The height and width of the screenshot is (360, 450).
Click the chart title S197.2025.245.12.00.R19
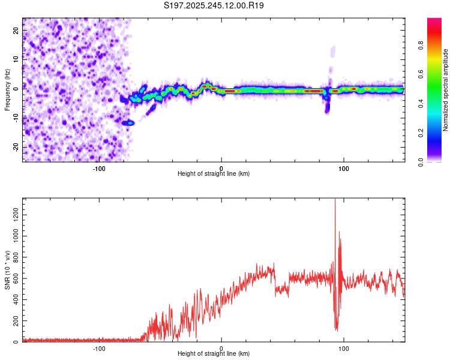[x=214, y=5]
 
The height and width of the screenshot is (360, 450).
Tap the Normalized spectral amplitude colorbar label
[x=446, y=90]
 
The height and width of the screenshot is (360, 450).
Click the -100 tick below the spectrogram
[x=99, y=169]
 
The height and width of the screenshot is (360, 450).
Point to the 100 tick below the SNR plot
[x=344, y=349]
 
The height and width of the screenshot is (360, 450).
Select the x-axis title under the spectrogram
[x=214, y=174]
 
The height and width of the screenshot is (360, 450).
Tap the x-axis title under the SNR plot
[x=214, y=354]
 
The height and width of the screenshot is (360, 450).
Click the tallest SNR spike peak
[x=335, y=200]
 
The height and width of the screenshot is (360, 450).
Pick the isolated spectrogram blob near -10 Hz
[x=128, y=122]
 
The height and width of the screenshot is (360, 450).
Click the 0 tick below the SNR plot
[x=221, y=349]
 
